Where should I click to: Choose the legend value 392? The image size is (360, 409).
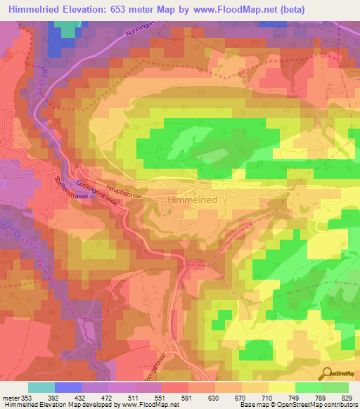pos(67,398)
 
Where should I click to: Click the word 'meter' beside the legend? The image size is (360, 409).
pos(10,398)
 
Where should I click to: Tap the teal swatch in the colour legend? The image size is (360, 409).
pos(41,387)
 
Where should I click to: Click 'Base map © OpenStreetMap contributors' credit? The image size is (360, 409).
pos(297,405)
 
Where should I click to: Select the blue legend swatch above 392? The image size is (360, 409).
pos(67,387)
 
